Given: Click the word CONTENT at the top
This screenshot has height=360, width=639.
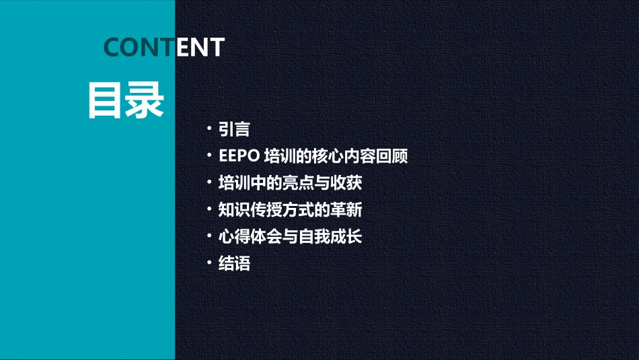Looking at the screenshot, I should (x=164, y=47).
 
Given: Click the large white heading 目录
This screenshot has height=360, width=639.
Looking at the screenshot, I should (x=126, y=100).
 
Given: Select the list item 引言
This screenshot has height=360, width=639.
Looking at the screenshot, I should (x=234, y=129).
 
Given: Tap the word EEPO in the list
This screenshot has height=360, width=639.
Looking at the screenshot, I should (x=239, y=156).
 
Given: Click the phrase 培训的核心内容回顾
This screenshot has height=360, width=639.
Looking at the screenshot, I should (x=336, y=156).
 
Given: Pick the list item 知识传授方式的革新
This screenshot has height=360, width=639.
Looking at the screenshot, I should (x=291, y=210).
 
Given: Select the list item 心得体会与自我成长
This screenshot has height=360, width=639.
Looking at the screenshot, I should (x=291, y=237).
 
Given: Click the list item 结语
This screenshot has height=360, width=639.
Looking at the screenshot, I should (x=234, y=264).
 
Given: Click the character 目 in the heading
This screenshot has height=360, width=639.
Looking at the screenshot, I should (x=106, y=100).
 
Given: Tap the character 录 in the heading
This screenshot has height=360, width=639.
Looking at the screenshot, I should (x=145, y=100).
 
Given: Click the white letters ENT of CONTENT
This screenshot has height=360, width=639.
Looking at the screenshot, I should (x=200, y=47).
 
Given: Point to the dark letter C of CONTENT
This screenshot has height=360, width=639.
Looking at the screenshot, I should (x=113, y=47).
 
